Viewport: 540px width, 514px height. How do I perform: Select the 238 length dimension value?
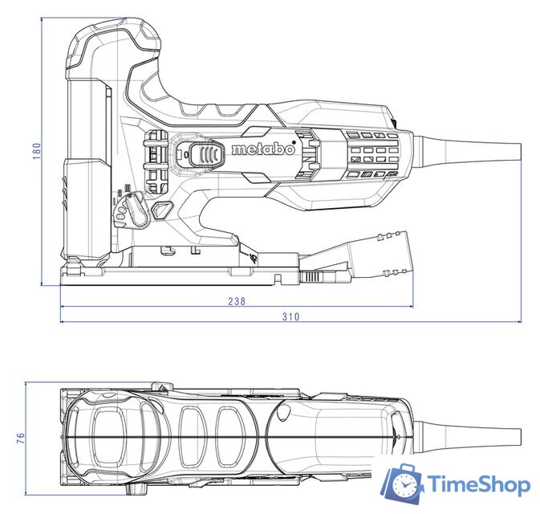(x=236, y=301)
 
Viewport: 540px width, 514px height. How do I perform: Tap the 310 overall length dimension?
(x=290, y=316)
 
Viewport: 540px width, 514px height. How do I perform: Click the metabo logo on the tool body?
(x=262, y=150)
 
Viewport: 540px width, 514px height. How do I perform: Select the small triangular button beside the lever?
(x=163, y=210)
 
